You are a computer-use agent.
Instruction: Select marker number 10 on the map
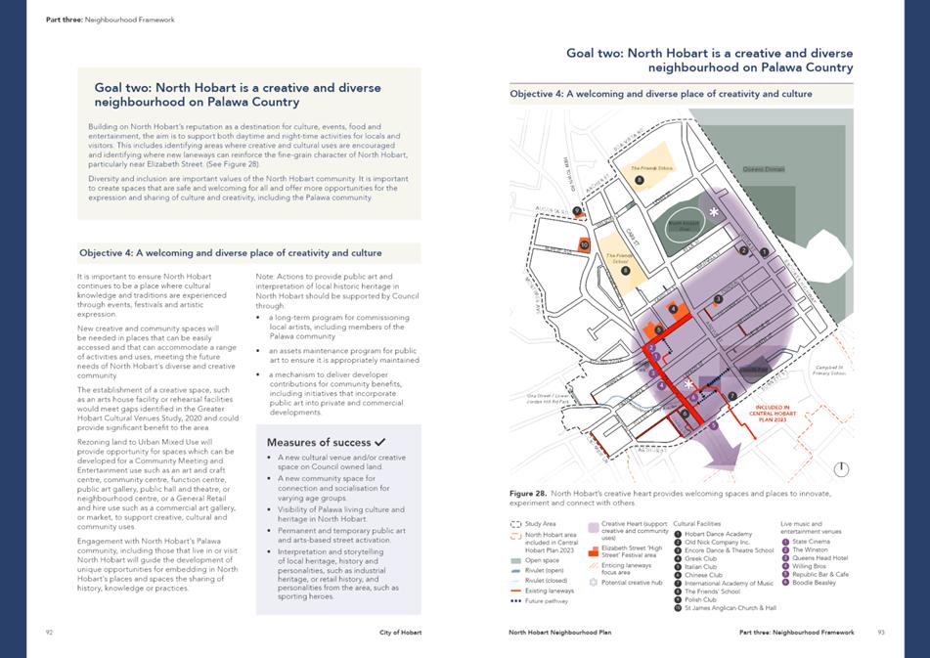pos(584,245)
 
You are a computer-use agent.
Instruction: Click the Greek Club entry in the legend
pos(701,558)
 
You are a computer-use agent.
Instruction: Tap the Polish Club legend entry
pos(700,599)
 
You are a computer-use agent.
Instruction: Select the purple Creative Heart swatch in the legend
pos(593,526)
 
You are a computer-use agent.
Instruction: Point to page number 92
pos(49,633)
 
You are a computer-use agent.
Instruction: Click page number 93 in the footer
pos(880,633)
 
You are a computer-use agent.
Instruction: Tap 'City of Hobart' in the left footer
pos(401,633)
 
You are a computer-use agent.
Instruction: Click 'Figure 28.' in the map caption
pos(528,494)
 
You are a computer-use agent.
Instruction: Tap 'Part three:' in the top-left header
pos(64,20)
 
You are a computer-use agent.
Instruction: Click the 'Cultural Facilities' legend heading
pos(697,524)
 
